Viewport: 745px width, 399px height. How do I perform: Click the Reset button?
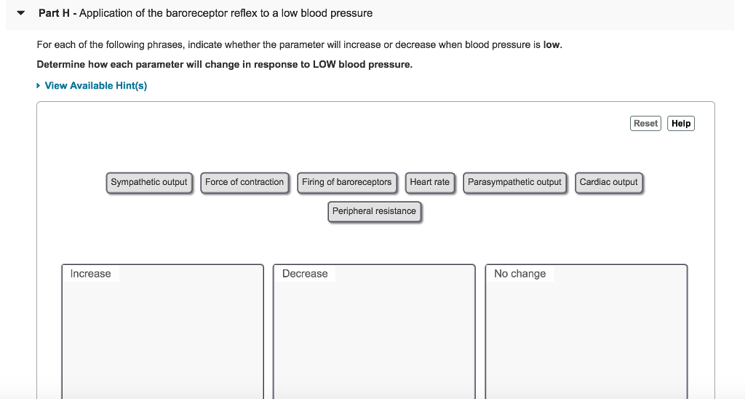[645, 124]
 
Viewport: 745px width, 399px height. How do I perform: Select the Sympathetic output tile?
[149, 183]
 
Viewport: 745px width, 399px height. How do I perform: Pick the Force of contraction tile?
[244, 183]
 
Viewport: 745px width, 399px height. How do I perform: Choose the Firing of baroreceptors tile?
[346, 183]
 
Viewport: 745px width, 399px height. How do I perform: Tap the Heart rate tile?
[429, 183]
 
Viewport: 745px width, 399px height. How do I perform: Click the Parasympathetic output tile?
[514, 183]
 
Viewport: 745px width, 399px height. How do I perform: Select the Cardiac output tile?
[608, 183]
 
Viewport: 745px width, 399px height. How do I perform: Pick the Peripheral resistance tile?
[374, 212]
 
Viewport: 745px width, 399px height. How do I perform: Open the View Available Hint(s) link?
[95, 86]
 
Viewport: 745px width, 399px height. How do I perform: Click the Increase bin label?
[90, 274]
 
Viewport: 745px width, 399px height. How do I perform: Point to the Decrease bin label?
[305, 274]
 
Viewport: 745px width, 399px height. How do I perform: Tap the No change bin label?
[519, 274]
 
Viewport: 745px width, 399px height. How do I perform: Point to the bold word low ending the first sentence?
[551, 45]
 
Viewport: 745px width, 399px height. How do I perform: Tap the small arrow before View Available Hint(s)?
[39, 86]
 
